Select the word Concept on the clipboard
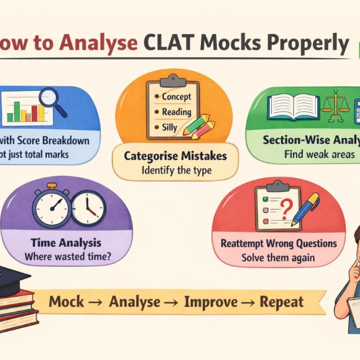pyautogui.click(x=176, y=97)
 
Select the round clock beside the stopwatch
pyautogui.click(x=88, y=208)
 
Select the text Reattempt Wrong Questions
pyautogui.click(x=278, y=244)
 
